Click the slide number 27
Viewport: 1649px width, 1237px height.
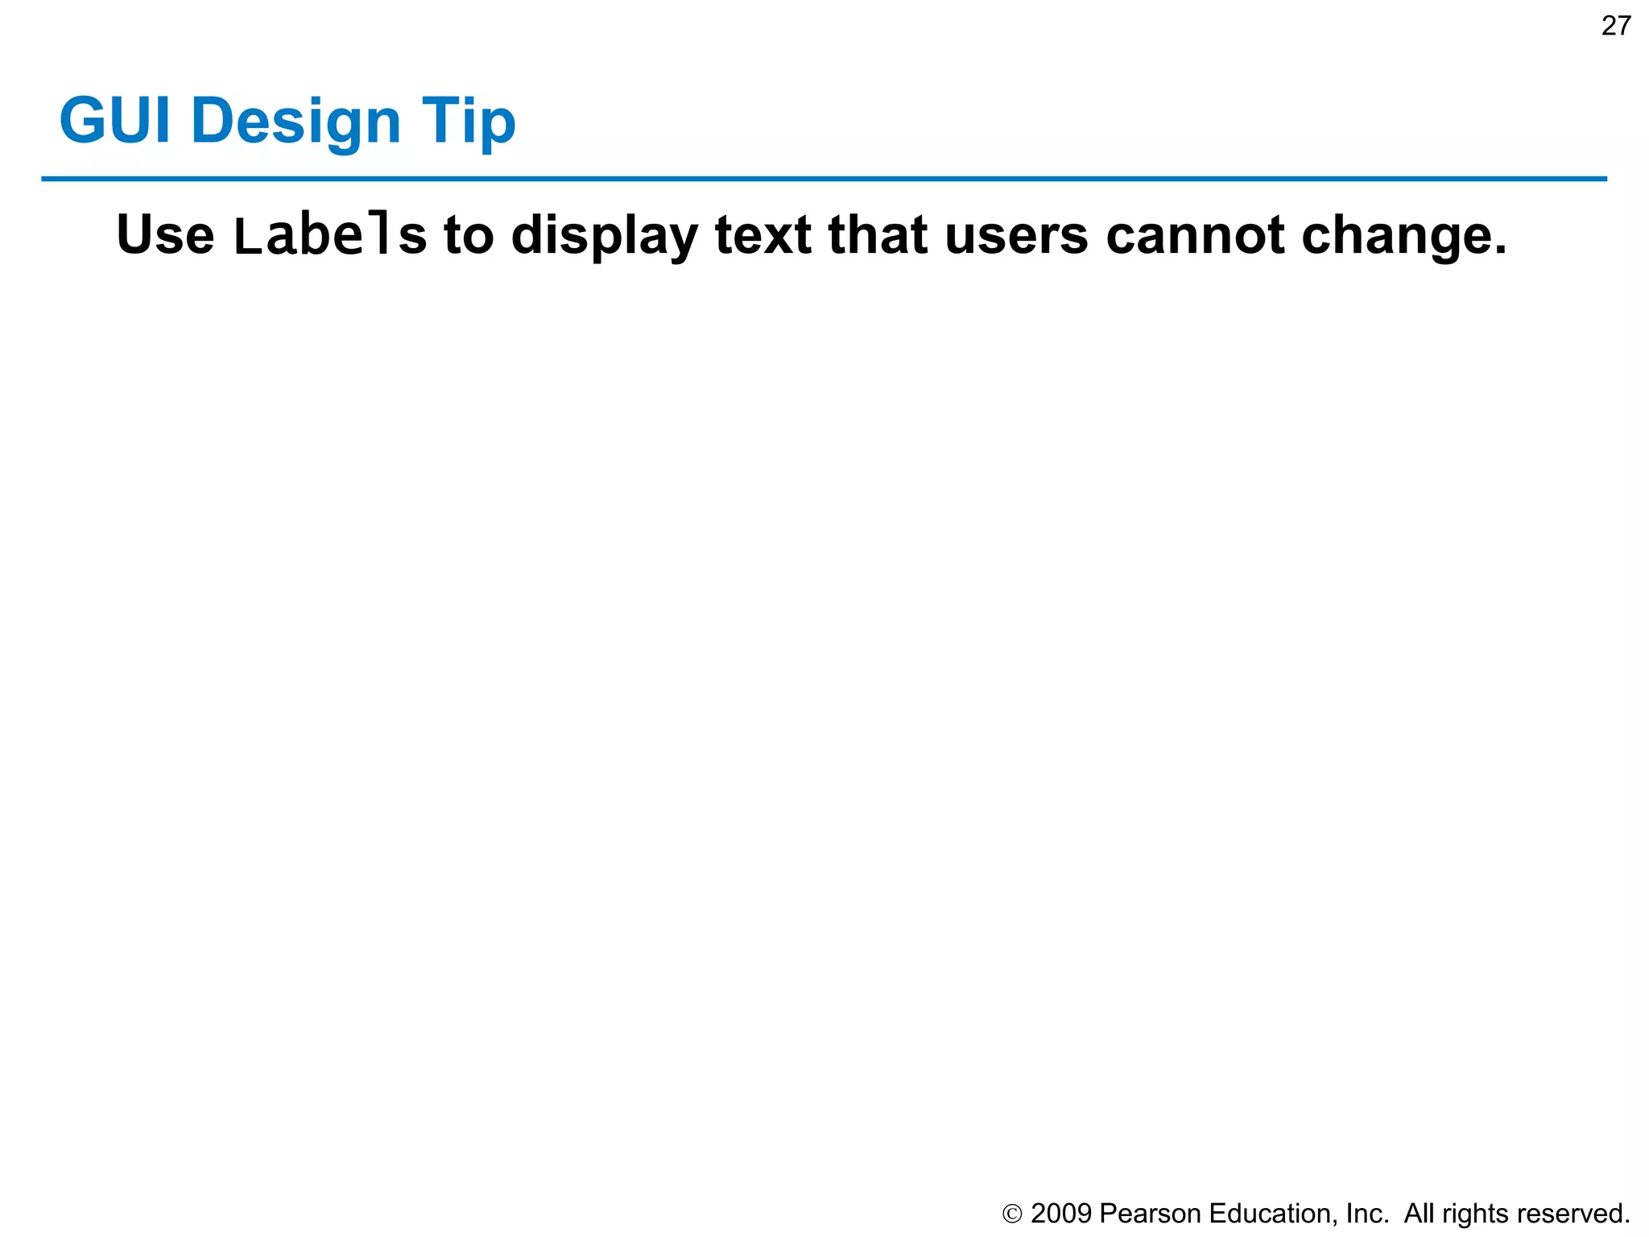tap(1615, 27)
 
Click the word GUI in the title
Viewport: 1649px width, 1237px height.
tap(115, 121)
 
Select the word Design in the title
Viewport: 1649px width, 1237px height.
tap(295, 122)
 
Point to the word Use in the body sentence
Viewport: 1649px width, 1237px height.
tap(165, 235)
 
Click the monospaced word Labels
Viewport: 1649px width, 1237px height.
tap(329, 235)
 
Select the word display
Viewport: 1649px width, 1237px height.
tap(605, 237)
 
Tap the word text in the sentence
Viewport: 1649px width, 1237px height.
tap(763, 235)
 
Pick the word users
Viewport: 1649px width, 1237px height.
tap(1016, 237)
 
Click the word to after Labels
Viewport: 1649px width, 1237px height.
tap(469, 235)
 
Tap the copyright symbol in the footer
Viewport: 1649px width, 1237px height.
tap(1012, 1214)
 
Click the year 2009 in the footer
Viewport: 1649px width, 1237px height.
tap(1060, 1214)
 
